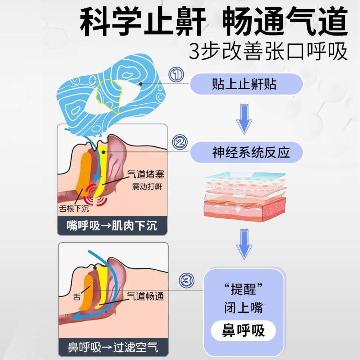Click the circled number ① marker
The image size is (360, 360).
coord(176,74)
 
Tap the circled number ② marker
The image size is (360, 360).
coord(180,142)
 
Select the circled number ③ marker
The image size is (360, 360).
coord(187,280)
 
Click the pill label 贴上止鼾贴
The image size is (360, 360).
coord(246,84)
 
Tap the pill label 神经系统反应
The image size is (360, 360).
coord(246,152)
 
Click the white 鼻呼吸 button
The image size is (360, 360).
coord(243,331)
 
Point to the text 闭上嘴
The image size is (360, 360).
coord(243,308)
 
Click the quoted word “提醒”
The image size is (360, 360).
coord(243,289)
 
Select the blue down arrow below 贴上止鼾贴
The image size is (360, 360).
coord(244,119)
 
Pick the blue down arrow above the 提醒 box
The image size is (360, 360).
coord(244,244)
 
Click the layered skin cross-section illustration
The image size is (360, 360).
coord(245,197)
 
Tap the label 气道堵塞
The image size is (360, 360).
coord(146,174)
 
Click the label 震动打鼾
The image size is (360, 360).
coord(147,186)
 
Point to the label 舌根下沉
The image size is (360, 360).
coord(74,208)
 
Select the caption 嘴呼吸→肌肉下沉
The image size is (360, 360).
coord(112,226)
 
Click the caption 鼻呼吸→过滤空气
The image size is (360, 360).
coord(113,347)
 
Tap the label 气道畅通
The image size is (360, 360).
coord(146,296)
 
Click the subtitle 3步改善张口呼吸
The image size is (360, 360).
coord(268,51)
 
